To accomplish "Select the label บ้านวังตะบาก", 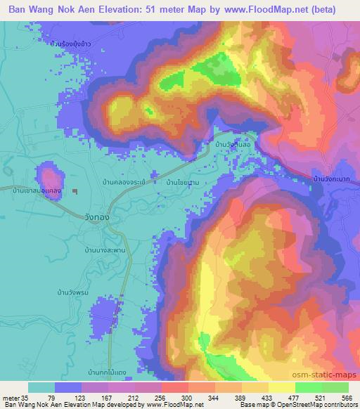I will pos(334,179).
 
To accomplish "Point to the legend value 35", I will pos(28,398).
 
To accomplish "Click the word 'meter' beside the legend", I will pos(12,398).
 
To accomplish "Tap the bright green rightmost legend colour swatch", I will pos(335,388).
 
